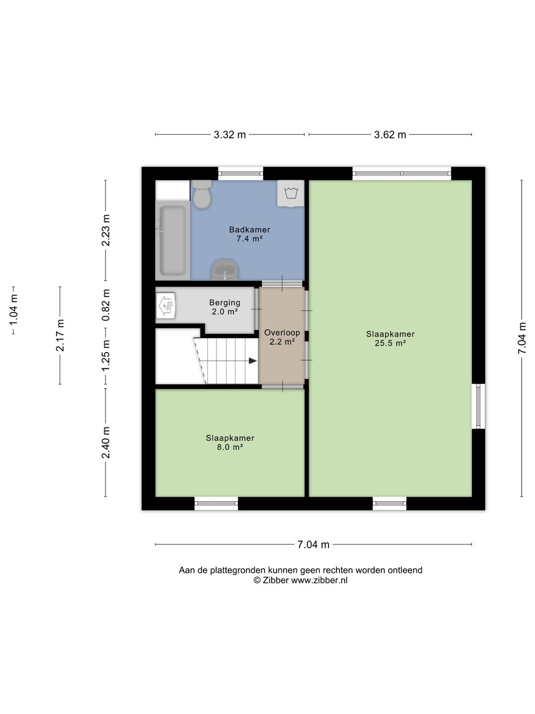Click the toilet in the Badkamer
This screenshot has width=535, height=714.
coord(202,194)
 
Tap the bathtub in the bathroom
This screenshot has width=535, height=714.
coord(172,240)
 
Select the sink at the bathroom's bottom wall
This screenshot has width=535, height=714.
coord(224,270)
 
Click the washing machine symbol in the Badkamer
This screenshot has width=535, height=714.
coord(291,193)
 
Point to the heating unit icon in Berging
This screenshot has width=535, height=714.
coord(166,305)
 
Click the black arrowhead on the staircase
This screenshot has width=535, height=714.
coord(253,361)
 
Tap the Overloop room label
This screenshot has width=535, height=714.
coord(282,332)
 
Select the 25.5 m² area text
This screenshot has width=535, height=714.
coord(390,343)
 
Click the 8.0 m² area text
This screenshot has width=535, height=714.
coord(230,447)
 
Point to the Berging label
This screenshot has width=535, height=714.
coord(225,302)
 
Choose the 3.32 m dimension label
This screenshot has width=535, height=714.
coord(230,135)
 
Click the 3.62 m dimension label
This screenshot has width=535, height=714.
coord(390,135)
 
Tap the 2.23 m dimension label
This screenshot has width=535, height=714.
coord(106,230)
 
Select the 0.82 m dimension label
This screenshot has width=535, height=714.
coord(106,305)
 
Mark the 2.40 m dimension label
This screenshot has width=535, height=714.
coord(106,442)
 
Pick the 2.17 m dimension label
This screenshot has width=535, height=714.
coord(60,335)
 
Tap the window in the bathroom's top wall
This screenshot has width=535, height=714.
coord(240,174)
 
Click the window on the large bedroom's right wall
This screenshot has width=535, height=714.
coord(478,406)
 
